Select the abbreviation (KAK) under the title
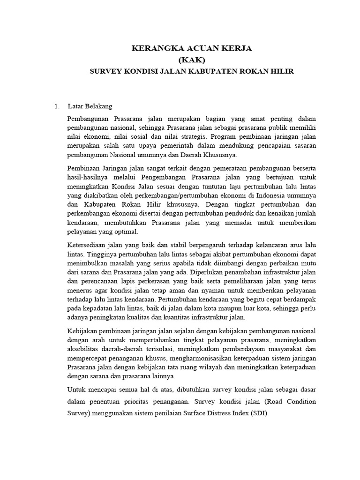point(191,60)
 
